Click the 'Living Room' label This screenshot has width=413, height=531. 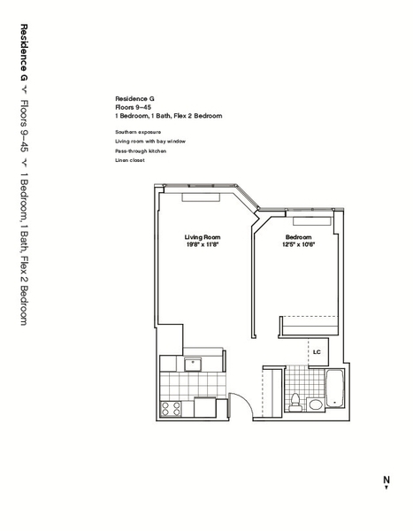201,237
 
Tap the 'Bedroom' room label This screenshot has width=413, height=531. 297,237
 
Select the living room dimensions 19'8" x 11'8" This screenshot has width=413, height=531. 201,245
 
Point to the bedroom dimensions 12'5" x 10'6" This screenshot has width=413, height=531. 298,245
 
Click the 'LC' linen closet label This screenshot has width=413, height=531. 316,352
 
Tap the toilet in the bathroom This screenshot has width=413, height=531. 295,400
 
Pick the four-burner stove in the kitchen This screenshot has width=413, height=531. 171,409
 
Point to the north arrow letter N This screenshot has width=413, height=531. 386,481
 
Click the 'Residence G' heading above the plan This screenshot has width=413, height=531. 134,98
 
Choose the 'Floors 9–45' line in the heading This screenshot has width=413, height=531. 133,107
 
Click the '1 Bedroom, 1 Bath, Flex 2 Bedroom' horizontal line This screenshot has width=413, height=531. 168,116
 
